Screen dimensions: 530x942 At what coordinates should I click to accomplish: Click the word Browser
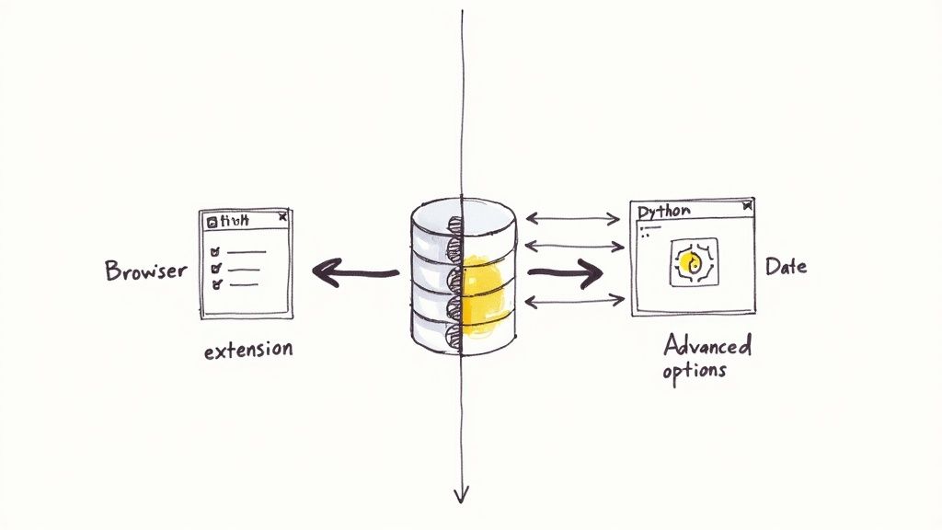pyautogui.click(x=145, y=271)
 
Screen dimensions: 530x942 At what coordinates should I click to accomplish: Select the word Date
pyautogui.click(x=786, y=267)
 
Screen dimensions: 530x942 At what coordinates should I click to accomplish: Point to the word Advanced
pyautogui.click(x=706, y=346)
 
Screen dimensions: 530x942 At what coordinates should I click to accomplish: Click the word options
pyautogui.click(x=694, y=371)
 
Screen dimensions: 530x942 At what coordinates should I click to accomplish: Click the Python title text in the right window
pyautogui.click(x=663, y=211)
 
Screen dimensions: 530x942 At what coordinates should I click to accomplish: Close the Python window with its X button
pyautogui.click(x=745, y=209)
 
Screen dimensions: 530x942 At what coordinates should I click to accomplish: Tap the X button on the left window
pyautogui.click(x=282, y=218)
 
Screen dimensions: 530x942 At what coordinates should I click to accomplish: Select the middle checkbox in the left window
pyautogui.click(x=216, y=268)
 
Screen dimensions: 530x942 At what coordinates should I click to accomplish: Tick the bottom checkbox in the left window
pyautogui.click(x=216, y=285)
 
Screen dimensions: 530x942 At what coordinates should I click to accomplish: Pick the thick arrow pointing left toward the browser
pyautogui.click(x=354, y=272)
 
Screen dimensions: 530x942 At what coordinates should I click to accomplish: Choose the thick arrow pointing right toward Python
pyautogui.click(x=564, y=272)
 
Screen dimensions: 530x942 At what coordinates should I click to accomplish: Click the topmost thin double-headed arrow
pyautogui.click(x=572, y=219)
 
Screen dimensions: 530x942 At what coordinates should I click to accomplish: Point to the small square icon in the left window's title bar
pyautogui.click(x=212, y=221)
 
